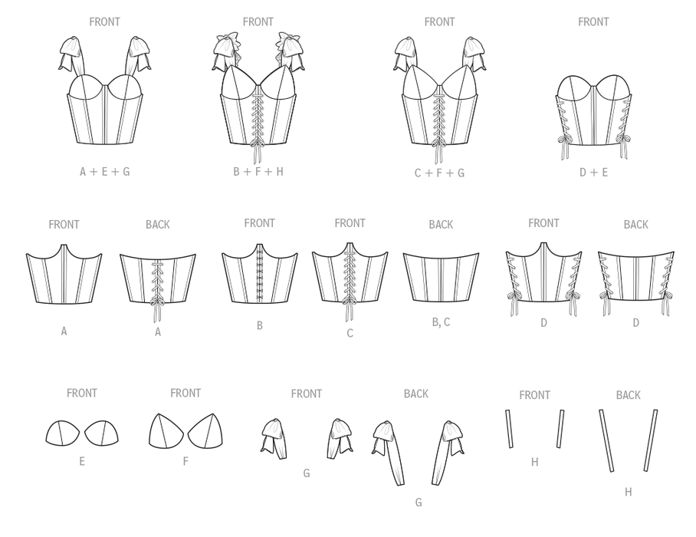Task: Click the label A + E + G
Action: pyautogui.click(x=105, y=171)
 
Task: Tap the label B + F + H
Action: pyautogui.click(x=258, y=171)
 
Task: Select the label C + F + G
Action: pyautogui.click(x=439, y=173)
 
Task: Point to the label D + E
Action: pyautogui.click(x=593, y=173)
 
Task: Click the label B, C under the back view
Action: pyautogui.click(x=442, y=322)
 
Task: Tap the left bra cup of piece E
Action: pyautogui.click(x=63, y=433)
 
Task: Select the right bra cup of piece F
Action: pyautogui.click(x=205, y=431)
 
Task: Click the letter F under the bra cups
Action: pyautogui.click(x=185, y=462)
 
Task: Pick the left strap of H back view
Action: pyautogui.click(x=606, y=440)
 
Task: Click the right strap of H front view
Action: pyautogui.click(x=560, y=429)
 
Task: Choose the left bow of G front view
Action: pyautogui.click(x=274, y=438)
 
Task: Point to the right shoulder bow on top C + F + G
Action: pyautogui.click(x=475, y=54)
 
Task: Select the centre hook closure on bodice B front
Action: pyautogui.click(x=260, y=273)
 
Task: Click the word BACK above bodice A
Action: pyautogui.click(x=158, y=225)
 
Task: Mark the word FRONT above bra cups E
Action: pyautogui.click(x=82, y=393)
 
